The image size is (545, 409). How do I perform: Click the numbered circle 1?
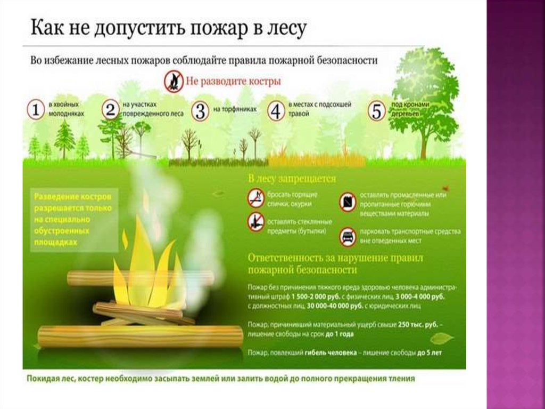pos(35,111)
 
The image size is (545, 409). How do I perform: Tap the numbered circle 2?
pos(110,110)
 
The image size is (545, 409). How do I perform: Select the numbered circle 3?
pos(200,111)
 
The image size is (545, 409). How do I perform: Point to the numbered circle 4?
pos(276,111)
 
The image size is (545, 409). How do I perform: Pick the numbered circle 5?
pos(376,111)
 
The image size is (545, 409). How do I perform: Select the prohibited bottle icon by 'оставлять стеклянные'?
pos(256,221)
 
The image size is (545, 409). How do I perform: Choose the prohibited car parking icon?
pos(348,236)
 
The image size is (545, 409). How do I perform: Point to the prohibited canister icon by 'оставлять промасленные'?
pos(348,202)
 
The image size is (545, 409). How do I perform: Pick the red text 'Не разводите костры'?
pos(233,82)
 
